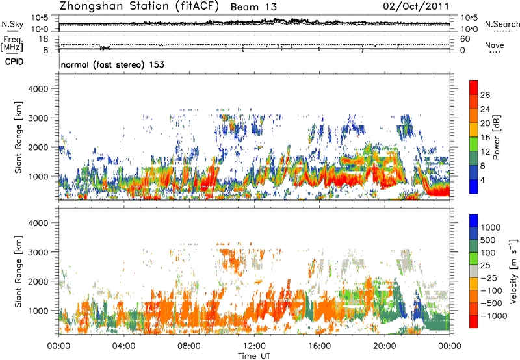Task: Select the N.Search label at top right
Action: (502, 25)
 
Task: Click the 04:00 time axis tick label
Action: (123, 345)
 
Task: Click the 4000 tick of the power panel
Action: (44, 88)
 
